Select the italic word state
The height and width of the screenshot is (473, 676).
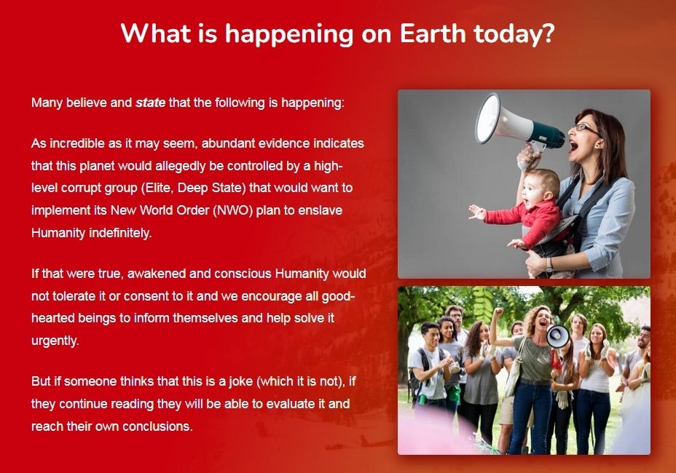(151, 103)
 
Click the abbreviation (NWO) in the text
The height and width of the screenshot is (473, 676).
(232, 210)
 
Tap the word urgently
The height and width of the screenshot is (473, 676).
(55, 341)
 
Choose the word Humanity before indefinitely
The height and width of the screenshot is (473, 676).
(58, 233)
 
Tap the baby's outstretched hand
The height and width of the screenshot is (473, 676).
(477, 212)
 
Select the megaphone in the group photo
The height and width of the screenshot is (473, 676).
(558, 336)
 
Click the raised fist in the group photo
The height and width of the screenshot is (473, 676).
(499, 311)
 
